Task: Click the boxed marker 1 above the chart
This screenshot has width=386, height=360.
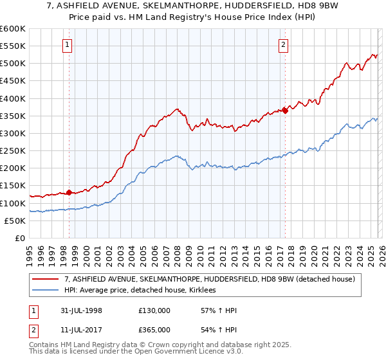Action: point(68,44)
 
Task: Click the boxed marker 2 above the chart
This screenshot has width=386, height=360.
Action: point(283,44)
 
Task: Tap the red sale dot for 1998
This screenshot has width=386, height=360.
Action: point(69,192)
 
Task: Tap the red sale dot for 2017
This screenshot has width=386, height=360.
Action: point(284,111)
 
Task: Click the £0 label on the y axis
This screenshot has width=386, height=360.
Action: point(19,238)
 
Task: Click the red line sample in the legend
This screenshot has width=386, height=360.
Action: point(46,279)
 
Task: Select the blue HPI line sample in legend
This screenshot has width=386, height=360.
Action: point(46,291)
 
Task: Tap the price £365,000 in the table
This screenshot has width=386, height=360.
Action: point(154,329)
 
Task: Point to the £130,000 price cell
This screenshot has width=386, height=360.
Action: point(154,310)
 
